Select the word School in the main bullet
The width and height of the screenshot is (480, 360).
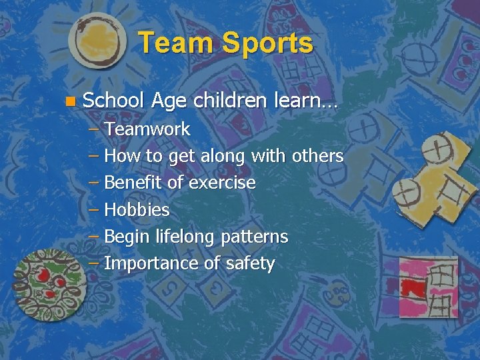(113, 101)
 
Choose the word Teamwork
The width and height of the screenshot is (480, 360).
(147, 129)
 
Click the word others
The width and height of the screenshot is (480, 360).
(318, 156)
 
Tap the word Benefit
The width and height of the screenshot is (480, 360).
(134, 183)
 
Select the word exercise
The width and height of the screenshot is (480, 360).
(222, 183)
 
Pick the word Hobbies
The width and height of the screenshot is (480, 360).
(137, 210)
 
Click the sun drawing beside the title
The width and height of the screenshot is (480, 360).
(97, 40)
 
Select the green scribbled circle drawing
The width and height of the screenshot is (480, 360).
(50, 283)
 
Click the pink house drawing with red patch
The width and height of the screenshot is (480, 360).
(428, 287)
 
